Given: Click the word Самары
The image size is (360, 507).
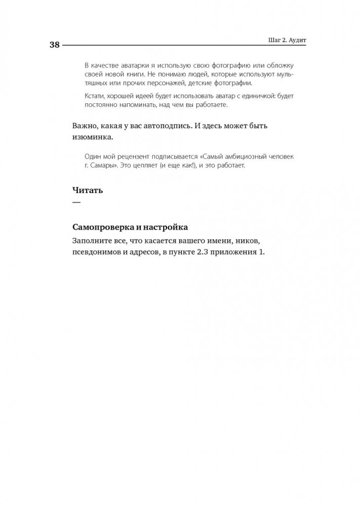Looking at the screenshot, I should (x=104, y=166).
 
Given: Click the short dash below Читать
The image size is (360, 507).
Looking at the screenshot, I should (x=76, y=202).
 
